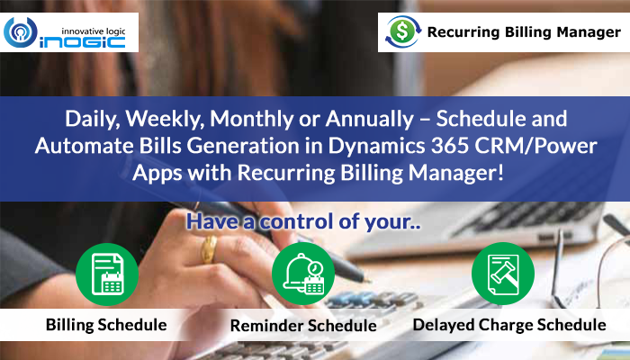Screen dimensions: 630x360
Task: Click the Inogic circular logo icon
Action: pyautogui.click(x=20, y=32)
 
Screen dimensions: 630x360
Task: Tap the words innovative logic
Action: pyautogui.click(x=94, y=31)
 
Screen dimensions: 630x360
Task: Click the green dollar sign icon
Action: pyautogui.click(x=403, y=31)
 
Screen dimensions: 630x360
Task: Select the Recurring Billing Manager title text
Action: pyautogui.click(x=524, y=31)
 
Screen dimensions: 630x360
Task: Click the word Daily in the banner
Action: pyautogui.click(x=93, y=120)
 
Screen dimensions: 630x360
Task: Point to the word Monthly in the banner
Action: pyautogui.click(x=251, y=120)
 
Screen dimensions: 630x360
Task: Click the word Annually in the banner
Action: pyautogui.click(x=370, y=120)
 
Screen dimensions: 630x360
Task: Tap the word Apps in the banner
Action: pyautogui.click(x=157, y=174)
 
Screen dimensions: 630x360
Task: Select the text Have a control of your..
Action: pyautogui.click(x=303, y=221)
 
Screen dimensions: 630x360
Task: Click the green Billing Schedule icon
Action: pyautogui.click(x=107, y=274)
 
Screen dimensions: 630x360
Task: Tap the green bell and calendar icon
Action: pyautogui.click(x=303, y=274)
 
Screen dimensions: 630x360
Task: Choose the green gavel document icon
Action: pyautogui.click(x=503, y=274)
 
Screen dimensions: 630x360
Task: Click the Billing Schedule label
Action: pyautogui.click(x=106, y=325)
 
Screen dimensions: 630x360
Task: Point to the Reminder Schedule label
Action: pyautogui.click(x=303, y=326)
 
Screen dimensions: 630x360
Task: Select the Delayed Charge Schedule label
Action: pyautogui.click(x=509, y=325)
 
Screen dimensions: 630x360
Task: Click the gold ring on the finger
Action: pyautogui.click(x=209, y=249)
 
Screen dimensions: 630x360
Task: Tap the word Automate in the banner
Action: pyautogui.click(x=85, y=146)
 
